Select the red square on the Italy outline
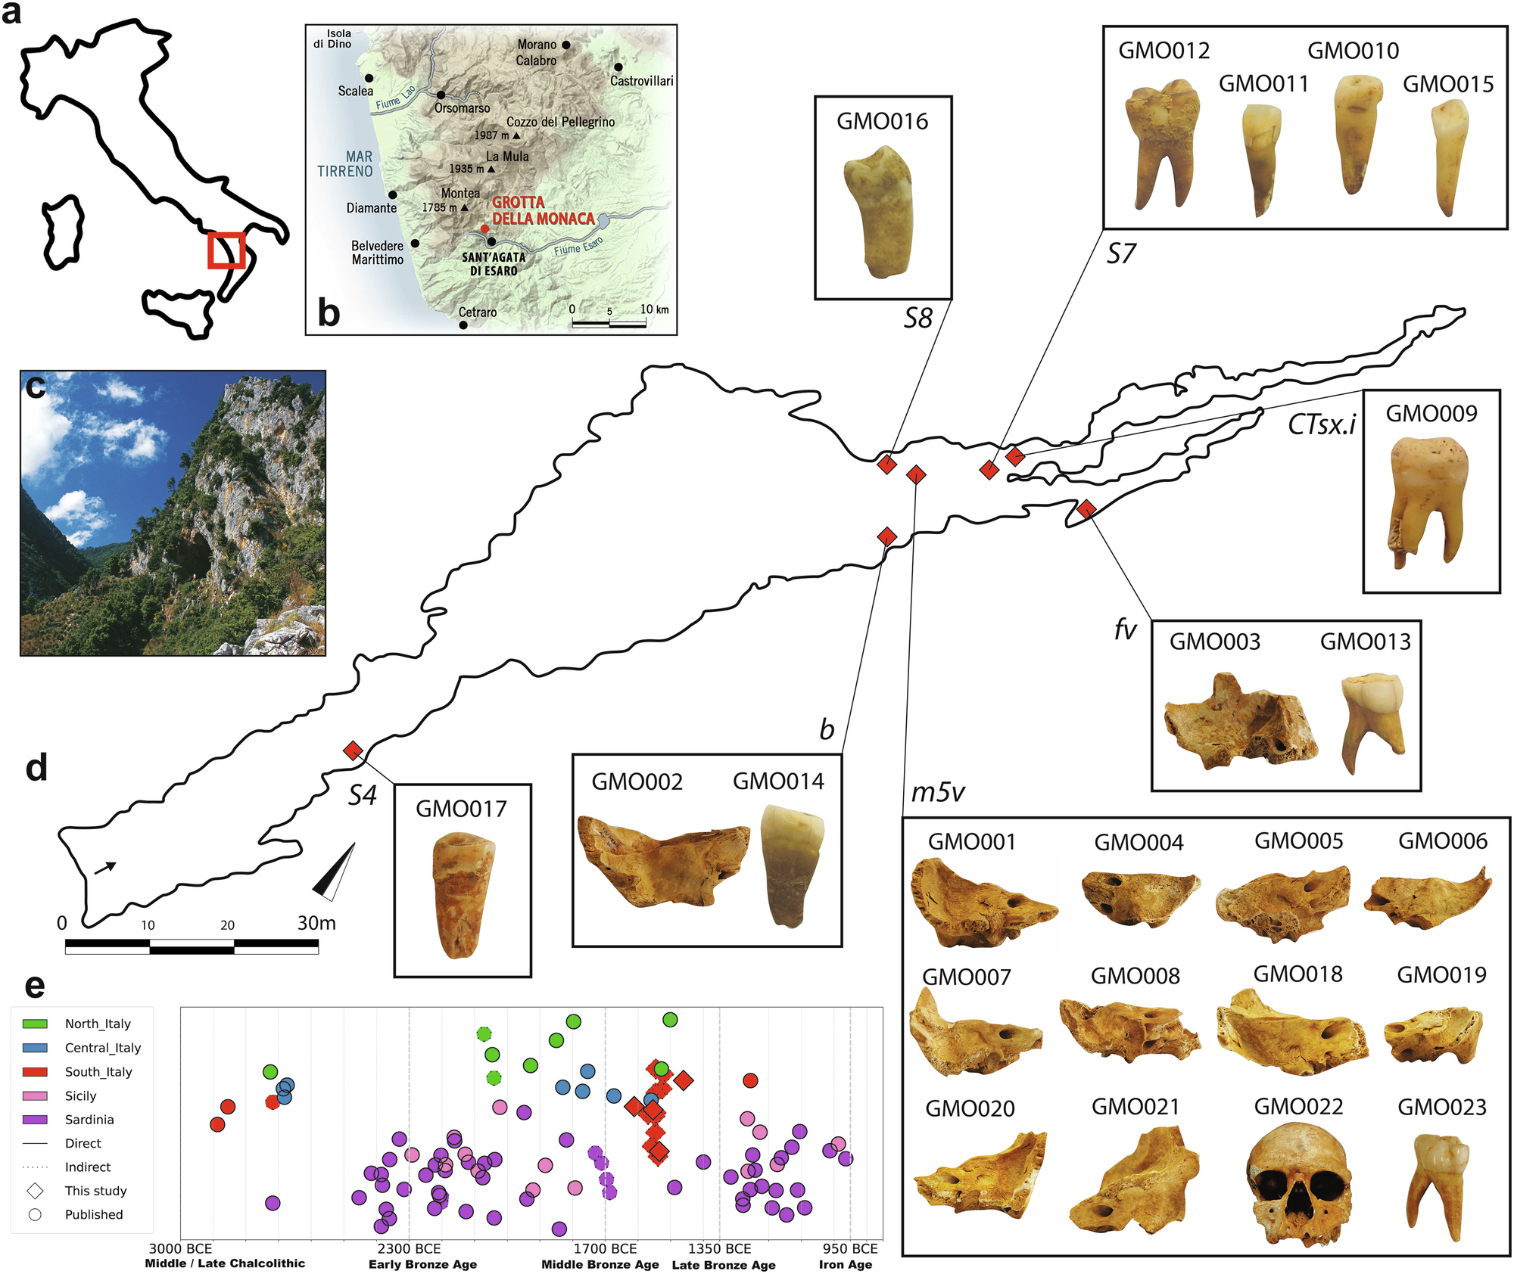click(226, 250)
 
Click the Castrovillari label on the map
click(641, 81)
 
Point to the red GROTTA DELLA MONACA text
click(543, 211)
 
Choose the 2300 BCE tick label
click(410, 1249)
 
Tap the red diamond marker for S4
click(353, 750)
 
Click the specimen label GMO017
click(461, 809)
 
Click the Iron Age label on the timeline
click(846, 1265)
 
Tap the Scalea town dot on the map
click(369, 78)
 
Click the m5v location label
click(938, 792)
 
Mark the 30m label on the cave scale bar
click(316, 923)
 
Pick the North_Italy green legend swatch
click(35, 1024)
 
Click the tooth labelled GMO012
click(1160, 143)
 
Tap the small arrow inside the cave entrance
click(105, 868)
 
